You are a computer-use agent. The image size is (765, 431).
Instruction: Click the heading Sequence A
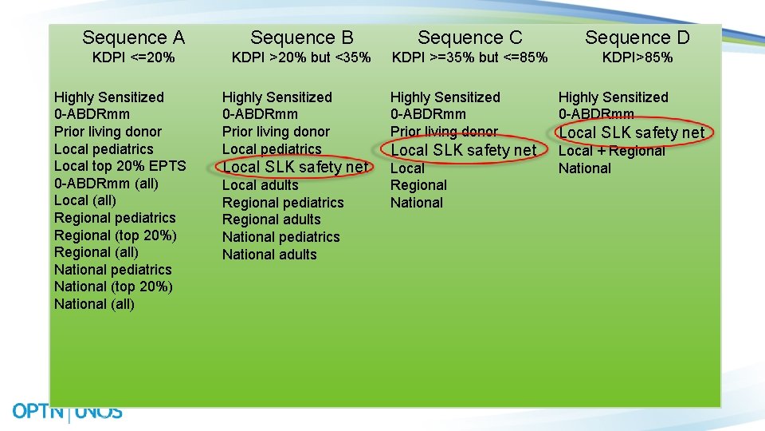[133, 38]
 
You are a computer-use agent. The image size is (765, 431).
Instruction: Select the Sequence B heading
[301, 38]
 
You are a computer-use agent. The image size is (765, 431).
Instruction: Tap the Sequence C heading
[469, 38]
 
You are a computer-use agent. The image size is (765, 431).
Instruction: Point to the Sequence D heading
[637, 38]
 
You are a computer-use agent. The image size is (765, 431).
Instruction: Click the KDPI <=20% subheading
[133, 57]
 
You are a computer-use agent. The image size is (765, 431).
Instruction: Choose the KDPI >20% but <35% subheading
[301, 57]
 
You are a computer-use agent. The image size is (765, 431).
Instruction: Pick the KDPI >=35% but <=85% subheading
[469, 57]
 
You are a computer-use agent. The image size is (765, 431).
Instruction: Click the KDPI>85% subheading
[637, 57]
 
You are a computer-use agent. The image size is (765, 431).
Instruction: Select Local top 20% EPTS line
[120, 166]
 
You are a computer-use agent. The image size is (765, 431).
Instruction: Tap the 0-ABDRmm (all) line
[106, 184]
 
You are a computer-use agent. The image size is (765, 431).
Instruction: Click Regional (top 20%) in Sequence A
[116, 235]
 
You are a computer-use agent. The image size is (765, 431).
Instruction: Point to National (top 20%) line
[113, 287]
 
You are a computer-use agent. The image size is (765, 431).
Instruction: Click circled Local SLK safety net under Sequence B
[295, 167]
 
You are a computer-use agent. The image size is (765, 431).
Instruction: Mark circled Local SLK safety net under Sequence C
[463, 150]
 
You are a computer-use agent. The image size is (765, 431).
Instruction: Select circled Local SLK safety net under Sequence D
[631, 132]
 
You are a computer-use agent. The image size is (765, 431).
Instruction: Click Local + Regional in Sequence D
[611, 151]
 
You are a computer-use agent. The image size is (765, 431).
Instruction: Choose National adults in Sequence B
[269, 255]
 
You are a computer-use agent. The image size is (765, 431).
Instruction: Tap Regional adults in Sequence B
[271, 219]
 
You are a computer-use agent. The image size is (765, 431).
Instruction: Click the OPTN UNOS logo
[67, 412]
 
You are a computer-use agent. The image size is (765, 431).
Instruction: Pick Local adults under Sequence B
[260, 185]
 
